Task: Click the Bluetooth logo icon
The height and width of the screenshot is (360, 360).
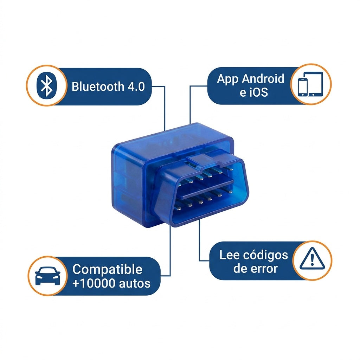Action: (x=47, y=85)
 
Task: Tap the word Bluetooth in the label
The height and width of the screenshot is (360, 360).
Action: (x=98, y=86)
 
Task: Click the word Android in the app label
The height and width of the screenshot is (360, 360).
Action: (x=263, y=79)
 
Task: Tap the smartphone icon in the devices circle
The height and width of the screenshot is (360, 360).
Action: (x=303, y=87)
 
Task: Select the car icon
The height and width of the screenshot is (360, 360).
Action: (x=47, y=276)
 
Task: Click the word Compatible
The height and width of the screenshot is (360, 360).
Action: (x=107, y=269)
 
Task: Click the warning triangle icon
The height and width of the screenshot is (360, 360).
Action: (x=312, y=258)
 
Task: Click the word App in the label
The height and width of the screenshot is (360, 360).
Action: (x=228, y=79)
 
